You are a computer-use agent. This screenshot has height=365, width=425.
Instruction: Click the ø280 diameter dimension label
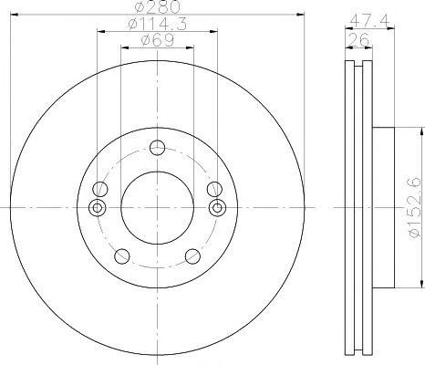(x=158, y=7)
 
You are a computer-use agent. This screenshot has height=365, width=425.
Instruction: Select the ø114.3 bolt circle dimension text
(x=158, y=24)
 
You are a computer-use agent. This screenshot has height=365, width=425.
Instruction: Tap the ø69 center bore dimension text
(x=158, y=40)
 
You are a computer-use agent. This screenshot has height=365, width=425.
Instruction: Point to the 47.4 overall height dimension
(x=369, y=21)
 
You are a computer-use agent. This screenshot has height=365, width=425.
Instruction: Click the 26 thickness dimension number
(x=358, y=39)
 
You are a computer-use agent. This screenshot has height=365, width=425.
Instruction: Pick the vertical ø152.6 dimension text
(x=415, y=208)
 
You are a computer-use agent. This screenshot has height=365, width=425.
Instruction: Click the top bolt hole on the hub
(x=158, y=148)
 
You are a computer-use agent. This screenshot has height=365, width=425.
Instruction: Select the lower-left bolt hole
(x=122, y=256)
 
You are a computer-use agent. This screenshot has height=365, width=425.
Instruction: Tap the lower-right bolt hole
(x=192, y=256)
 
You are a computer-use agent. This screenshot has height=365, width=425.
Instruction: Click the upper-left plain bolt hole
(x=100, y=189)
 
